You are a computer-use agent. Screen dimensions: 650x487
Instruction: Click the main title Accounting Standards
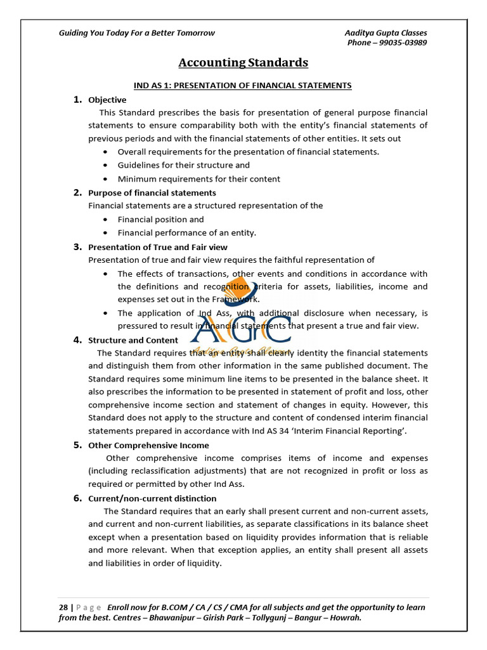click(243, 62)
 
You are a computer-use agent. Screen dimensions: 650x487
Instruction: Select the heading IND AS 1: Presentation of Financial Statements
click(242, 85)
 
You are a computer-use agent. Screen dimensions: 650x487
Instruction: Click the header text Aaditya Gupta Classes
click(386, 33)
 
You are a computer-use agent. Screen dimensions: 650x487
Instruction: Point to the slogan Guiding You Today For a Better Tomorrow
click(137, 33)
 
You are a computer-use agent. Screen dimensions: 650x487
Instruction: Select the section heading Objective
click(107, 100)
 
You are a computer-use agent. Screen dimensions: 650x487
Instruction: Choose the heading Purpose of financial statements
click(152, 192)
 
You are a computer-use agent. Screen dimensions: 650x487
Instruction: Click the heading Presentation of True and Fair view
click(158, 247)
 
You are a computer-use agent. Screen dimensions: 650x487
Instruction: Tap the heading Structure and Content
click(133, 340)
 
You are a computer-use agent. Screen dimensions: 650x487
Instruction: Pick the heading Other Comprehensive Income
click(148, 445)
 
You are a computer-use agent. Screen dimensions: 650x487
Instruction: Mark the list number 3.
click(77, 247)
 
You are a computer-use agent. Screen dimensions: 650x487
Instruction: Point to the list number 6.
click(77, 498)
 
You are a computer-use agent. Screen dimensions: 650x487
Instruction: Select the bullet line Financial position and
click(161, 220)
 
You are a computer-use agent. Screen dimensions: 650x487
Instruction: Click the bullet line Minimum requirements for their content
click(199, 179)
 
